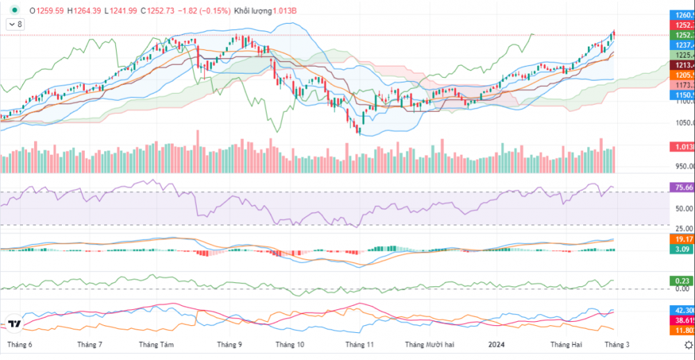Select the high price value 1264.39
(x=85, y=11)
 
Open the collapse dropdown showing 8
(x=15, y=24)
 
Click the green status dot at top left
(x=14, y=10)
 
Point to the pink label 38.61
(x=680, y=320)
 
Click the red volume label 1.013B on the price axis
(x=680, y=147)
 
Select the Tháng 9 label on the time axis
(x=229, y=345)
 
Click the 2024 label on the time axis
(x=496, y=345)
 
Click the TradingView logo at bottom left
(x=13, y=324)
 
